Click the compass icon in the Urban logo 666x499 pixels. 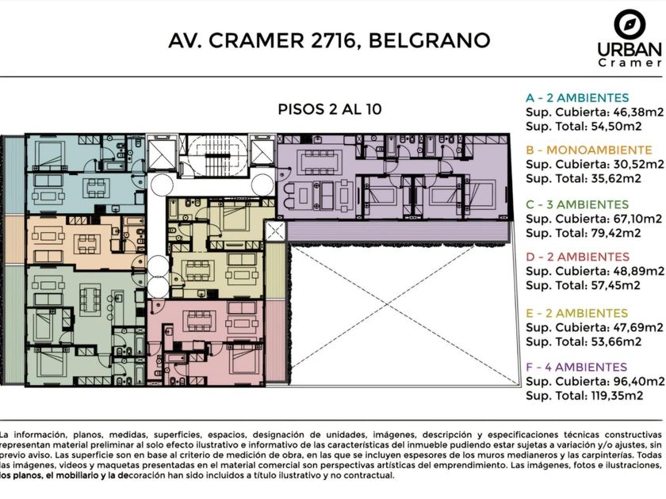coord(630,25)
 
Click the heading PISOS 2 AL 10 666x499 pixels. coord(330,109)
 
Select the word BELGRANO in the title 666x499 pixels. coord(430,40)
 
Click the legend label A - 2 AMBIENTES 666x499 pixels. coord(577,98)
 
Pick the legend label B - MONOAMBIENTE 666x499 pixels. coord(588,150)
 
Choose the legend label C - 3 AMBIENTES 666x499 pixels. coord(577,204)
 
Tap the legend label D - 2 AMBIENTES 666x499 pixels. coord(577,257)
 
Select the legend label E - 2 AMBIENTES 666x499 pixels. coord(576,314)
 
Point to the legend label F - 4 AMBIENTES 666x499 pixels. coord(576,368)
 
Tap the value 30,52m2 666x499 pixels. coord(638,164)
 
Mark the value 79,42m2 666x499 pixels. coord(616,233)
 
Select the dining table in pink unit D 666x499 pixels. coord(200,321)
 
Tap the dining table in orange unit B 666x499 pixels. coord(87,244)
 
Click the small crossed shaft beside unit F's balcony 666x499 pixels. coord(275,231)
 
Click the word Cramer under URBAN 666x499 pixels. coord(630,63)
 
